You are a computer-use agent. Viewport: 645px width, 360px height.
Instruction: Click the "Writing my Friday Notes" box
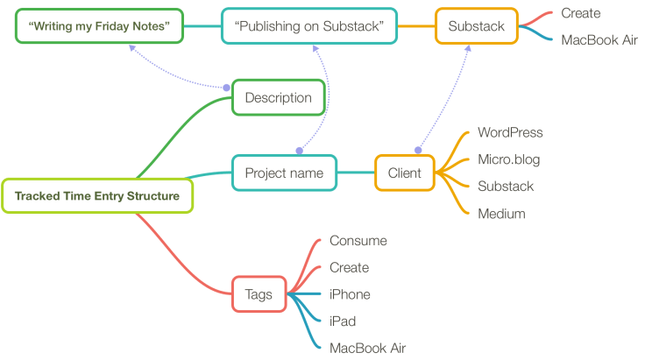point(99,26)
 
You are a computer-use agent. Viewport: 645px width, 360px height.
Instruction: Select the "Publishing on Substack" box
point(309,26)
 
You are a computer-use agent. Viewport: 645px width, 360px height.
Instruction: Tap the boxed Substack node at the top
point(476,26)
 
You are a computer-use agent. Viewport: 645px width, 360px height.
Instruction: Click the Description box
point(278,98)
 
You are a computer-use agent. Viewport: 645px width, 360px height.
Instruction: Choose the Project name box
point(284,173)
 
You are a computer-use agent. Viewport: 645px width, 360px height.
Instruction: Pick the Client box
point(404,173)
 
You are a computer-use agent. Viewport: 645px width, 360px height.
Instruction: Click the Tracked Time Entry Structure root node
point(96,196)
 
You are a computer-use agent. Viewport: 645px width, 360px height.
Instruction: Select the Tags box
point(259,294)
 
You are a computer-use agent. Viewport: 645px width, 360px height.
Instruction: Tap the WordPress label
point(510,132)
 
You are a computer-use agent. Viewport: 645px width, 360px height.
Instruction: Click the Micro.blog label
point(508,159)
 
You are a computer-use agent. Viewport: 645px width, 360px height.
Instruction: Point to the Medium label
point(501,213)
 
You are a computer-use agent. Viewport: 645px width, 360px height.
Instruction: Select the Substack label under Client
point(506,187)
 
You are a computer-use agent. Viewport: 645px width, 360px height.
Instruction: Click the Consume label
point(358,241)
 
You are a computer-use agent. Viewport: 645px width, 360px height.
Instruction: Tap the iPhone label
point(350,294)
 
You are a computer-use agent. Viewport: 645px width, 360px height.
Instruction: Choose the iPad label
point(343,321)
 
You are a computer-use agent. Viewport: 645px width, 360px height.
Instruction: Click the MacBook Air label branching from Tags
point(367,348)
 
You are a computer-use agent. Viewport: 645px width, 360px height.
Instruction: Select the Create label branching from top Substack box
point(581,13)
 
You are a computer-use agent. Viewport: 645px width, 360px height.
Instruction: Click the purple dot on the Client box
point(417,150)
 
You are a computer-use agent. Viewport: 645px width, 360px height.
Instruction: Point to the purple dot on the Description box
point(226,87)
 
